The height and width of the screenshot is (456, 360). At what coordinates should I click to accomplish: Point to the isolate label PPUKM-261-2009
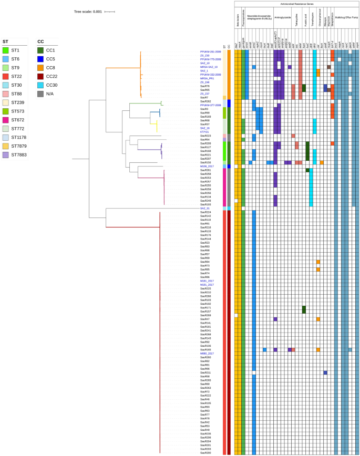coord(210,52)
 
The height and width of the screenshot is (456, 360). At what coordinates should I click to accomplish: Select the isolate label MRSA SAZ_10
coord(209,67)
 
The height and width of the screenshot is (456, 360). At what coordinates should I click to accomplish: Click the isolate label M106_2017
coord(207,166)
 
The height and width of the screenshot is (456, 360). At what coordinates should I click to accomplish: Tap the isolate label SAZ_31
coord(205,208)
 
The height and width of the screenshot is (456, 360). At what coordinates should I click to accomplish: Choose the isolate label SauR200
coord(205,452)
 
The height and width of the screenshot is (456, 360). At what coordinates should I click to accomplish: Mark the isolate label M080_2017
coord(207,354)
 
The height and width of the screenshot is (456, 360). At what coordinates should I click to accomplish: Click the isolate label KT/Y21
coord(205,132)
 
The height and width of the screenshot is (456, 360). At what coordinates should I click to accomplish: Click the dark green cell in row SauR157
coord(304,309)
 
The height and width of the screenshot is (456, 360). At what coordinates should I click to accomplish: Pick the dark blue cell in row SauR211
coord(325,372)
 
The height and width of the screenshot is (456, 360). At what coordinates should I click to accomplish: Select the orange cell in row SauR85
coord(318,270)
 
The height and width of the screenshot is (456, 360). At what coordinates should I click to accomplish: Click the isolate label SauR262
coord(205,101)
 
